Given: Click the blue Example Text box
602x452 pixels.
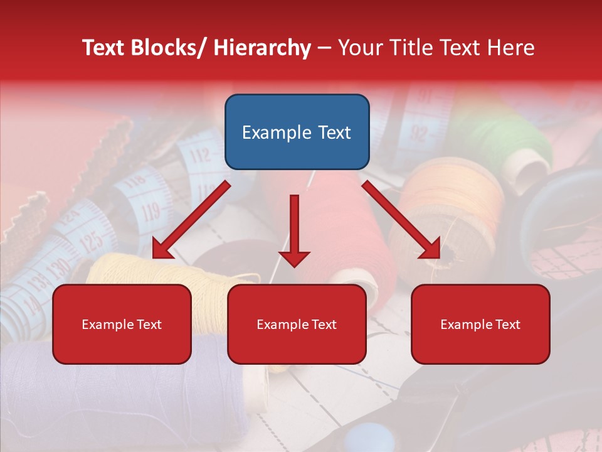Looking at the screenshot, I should pos(297,132).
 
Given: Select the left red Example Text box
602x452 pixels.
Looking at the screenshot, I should pos(122,324).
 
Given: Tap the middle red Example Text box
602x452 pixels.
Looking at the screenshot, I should pos(297,324).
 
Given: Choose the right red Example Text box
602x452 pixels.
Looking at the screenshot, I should pos(480,324).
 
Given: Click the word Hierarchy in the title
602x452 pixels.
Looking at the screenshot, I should pos(262,48).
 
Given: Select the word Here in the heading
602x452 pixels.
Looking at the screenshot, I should pos(511,48).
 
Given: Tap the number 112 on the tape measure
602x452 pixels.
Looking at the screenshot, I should pos(199,154).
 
